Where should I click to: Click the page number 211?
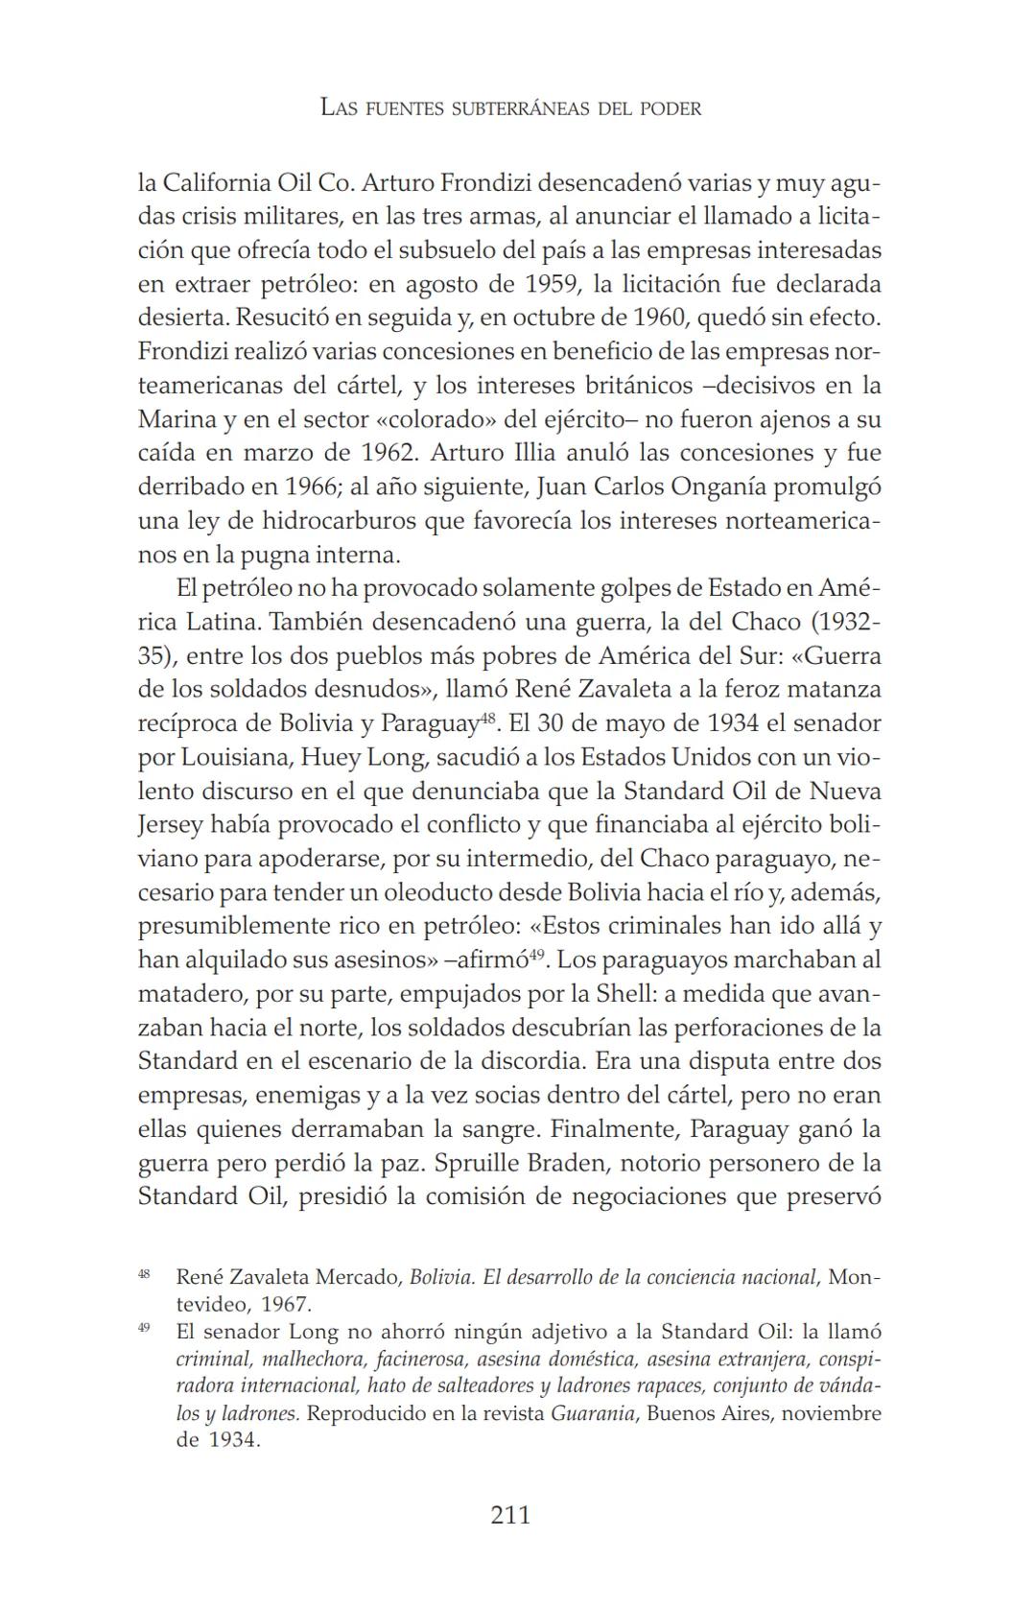(x=509, y=1515)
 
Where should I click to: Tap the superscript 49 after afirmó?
(x=537, y=953)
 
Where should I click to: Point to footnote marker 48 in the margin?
(x=144, y=1273)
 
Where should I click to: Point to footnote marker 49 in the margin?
(x=144, y=1328)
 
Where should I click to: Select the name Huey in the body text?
(x=328, y=757)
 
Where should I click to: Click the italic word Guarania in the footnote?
(x=592, y=1413)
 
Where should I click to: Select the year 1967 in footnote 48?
(x=285, y=1304)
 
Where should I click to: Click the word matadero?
(x=186, y=994)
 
